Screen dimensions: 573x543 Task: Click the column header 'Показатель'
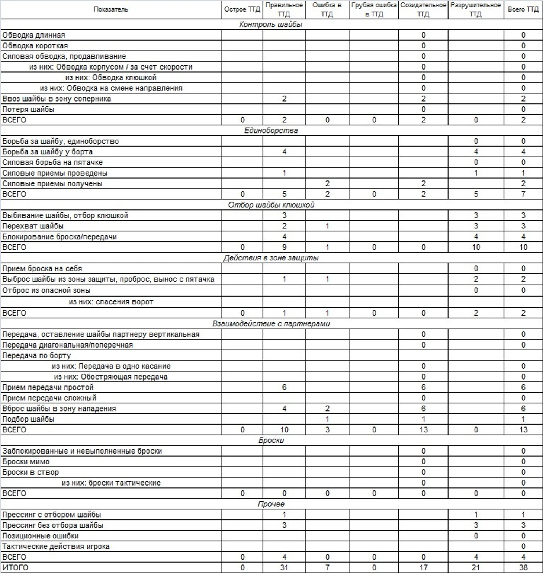tap(111, 9)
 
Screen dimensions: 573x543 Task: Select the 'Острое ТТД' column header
tap(242, 9)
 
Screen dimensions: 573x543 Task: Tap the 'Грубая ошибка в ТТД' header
tap(374, 10)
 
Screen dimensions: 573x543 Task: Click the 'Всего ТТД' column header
tap(523, 9)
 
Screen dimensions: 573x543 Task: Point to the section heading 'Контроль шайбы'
tap(271, 25)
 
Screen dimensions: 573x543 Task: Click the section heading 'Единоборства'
tap(271, 131)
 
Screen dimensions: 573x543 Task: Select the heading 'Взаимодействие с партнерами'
tap(271, 324)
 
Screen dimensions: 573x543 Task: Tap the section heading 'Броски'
tap(271, 441)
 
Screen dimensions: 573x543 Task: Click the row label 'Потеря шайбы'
tap(28, 109)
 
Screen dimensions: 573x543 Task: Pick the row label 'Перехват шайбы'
tap(33, 226)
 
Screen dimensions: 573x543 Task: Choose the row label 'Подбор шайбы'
tap(28, 419)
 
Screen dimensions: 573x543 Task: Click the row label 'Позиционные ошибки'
tap(40, 536)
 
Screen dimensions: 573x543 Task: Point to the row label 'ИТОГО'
tap(15, 568)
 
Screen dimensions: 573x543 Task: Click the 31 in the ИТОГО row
tap(284, 568)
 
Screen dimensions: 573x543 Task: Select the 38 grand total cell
tap(523, 568)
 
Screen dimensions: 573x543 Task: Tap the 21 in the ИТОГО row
tap(476, 568)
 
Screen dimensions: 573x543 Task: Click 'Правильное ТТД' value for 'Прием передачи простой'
tap(284, 387)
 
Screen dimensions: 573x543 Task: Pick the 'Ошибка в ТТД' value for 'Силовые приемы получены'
tap(327, 184)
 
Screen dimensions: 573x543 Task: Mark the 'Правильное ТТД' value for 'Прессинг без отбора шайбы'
tap(284, 525)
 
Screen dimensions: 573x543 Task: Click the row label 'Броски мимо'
tap(26, 462)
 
